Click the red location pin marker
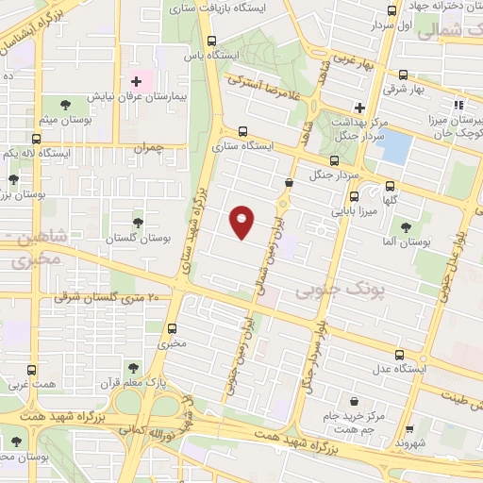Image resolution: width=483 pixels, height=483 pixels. point(242,222)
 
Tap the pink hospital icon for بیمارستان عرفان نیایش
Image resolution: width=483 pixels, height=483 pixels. point(136,82)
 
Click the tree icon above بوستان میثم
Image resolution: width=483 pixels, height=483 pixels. point(64,105)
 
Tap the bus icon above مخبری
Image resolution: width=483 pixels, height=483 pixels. point(172,329)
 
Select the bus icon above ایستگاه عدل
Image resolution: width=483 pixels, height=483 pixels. point(401,355)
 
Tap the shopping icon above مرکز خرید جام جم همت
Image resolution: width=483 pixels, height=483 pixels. point(354,401)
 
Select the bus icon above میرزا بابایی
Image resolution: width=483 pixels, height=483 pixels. point(354,197)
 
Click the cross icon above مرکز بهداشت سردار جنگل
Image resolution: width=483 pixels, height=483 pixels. point(358,107)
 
